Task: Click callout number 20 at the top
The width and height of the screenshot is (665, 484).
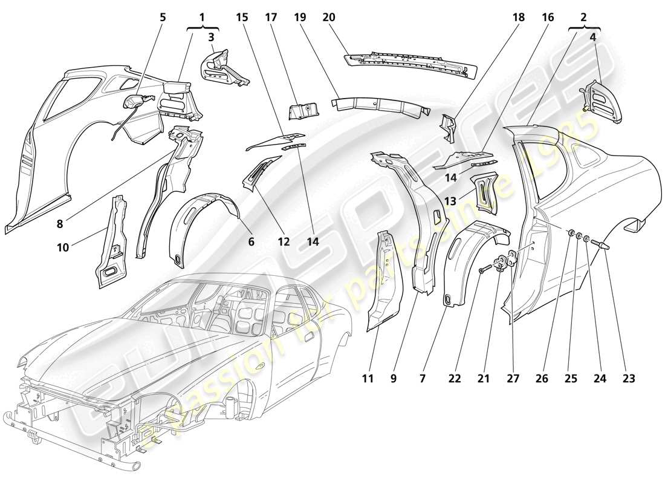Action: [x=329, y=18]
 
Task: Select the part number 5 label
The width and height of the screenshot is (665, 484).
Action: [x=162, y=18]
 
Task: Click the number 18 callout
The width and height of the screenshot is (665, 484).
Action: [x=518, y=18]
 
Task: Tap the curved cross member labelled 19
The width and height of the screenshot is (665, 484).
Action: [x=381, y=106]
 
